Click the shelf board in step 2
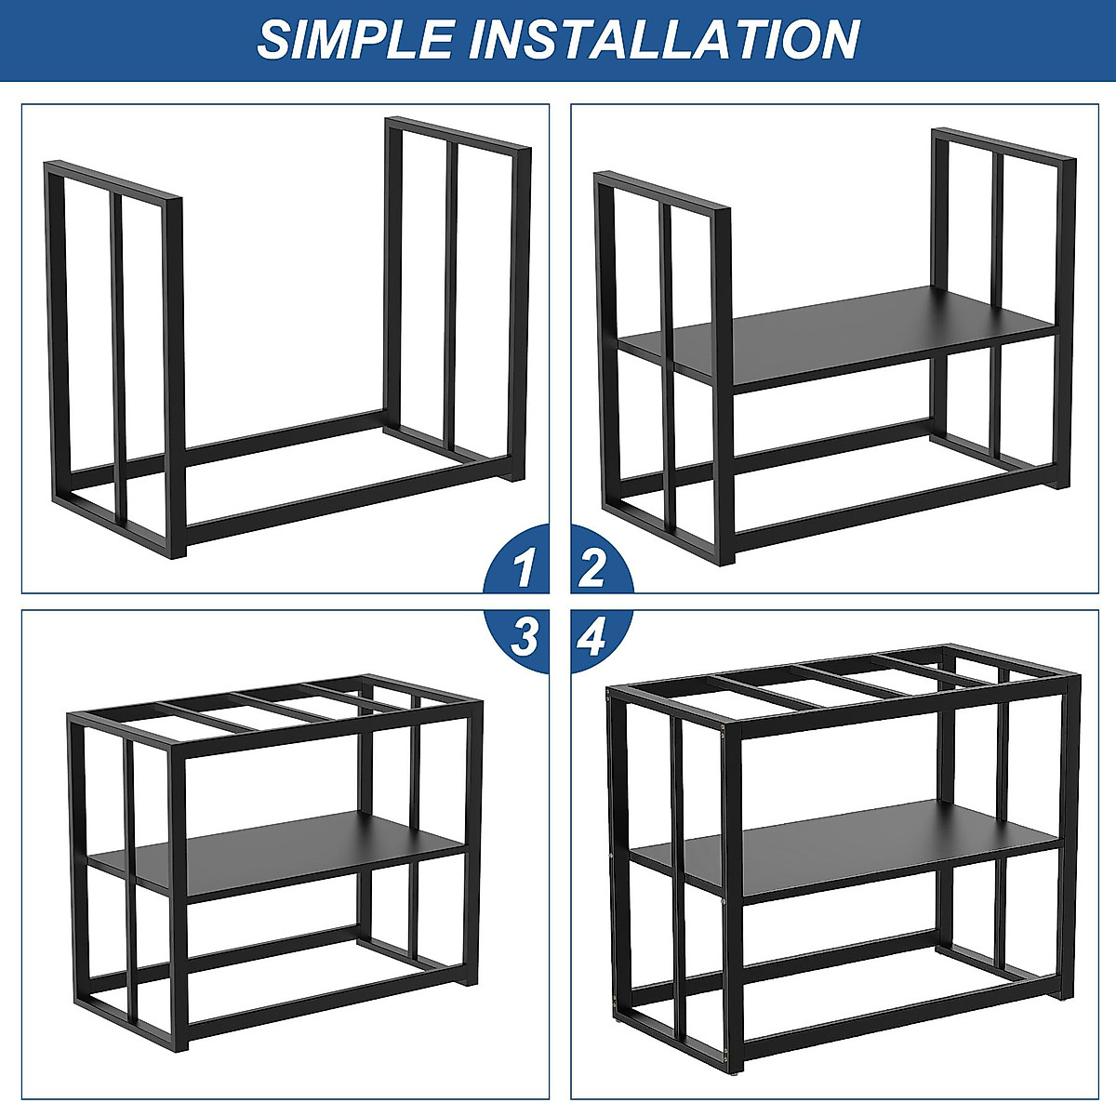pyautogui.click(x=837, y=335)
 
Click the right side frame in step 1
pyautogui.click(x=456, y=298)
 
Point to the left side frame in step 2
pyautogui.click(x=665, y=363)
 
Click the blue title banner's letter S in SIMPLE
pyautogui.click(x=274, y=39)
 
